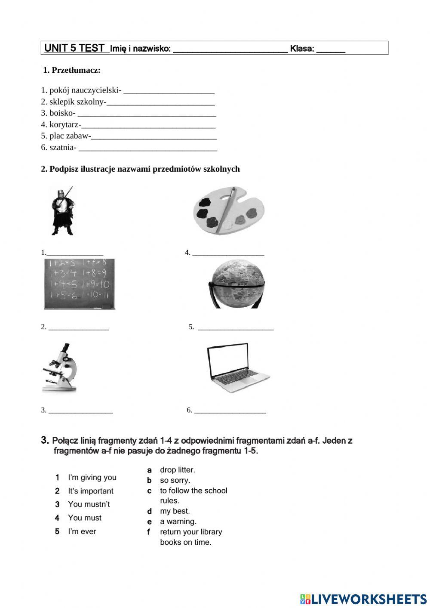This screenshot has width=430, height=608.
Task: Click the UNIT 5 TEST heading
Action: pyautogui.click(x=74, y=48)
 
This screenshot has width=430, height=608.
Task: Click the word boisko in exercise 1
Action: pyautogui.click(x=62, y=113)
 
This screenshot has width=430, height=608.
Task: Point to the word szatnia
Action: pyautogui.click(x=62, y=148)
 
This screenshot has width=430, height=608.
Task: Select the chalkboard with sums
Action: pyautogui.click(x=80, y=284)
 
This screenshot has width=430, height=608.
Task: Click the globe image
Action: pyautogui.click(x=236, y=284)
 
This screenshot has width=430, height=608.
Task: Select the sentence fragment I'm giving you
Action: pyautogui.click(x=92, y=478)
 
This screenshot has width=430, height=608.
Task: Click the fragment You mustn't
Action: pyautogui.click(x=89, y=504)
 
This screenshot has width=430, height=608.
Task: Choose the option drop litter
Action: pyautogui.click(x=177, y=470)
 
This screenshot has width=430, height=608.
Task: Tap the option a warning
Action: pyautogui.click(x=178, y=522)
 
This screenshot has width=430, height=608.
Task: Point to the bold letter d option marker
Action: pyautogui.click(x=149, y=512)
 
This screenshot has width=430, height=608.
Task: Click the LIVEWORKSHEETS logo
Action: pyautogui.click(x=363, y=599)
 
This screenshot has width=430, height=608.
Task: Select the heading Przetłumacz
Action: pyautogui.click(x=72, y=70)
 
